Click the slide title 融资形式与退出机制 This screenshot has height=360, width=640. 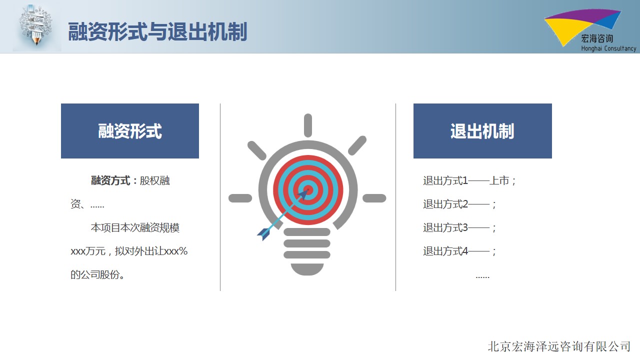click(x=157, y=31)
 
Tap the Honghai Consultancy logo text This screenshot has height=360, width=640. click(x=608, y=48)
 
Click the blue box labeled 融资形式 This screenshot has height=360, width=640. click(x=130, y=131)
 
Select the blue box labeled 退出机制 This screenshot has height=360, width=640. click(x=482, y=131)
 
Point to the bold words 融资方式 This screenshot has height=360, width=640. click(x=110, y=180)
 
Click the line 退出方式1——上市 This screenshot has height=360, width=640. click(x=469, y=180)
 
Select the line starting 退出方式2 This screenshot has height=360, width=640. click(x=459, y=204)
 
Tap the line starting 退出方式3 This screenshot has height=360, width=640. click(x=459, y=227)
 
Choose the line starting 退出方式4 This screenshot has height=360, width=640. click(x=459, y=251)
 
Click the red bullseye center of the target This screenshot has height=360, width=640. click(x=308, y=189)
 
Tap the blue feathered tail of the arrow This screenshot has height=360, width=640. click(x=264, y=233)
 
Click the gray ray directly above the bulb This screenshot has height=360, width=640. click(x=308, y=125)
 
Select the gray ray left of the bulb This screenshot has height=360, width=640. click(x=240, y=198)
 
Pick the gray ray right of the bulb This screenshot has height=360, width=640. click(x=374, y=198)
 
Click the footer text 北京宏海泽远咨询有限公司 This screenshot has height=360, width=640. click(x=559, y=346)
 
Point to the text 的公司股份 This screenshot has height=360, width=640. click(x=97, y=274)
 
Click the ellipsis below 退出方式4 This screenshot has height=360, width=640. click(x=482, y=277)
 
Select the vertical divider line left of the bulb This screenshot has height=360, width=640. click(x=220, y=197)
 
